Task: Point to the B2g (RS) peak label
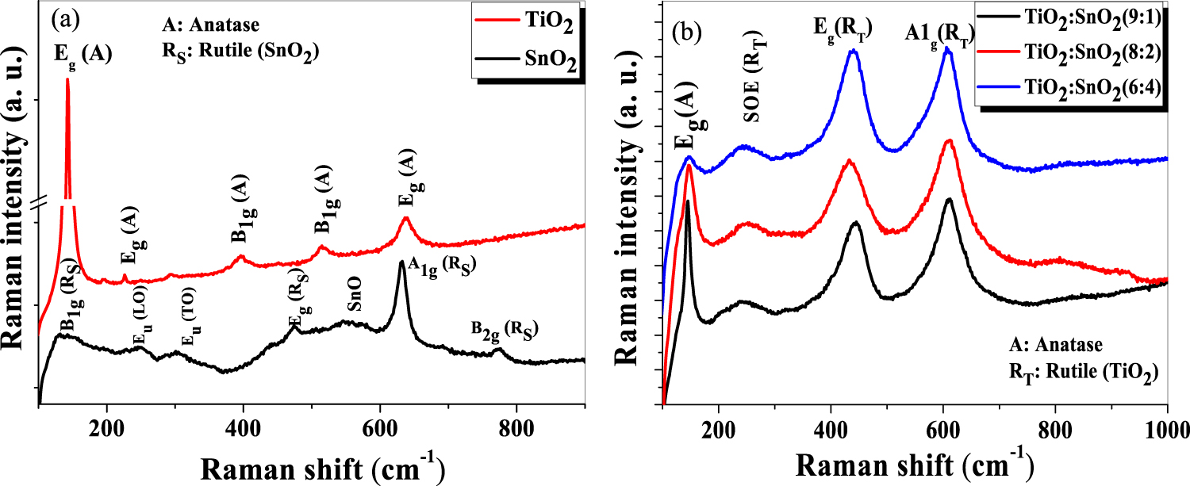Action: point(501,330)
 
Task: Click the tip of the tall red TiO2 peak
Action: point(67,80)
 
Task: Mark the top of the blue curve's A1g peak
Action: point(946,48)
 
